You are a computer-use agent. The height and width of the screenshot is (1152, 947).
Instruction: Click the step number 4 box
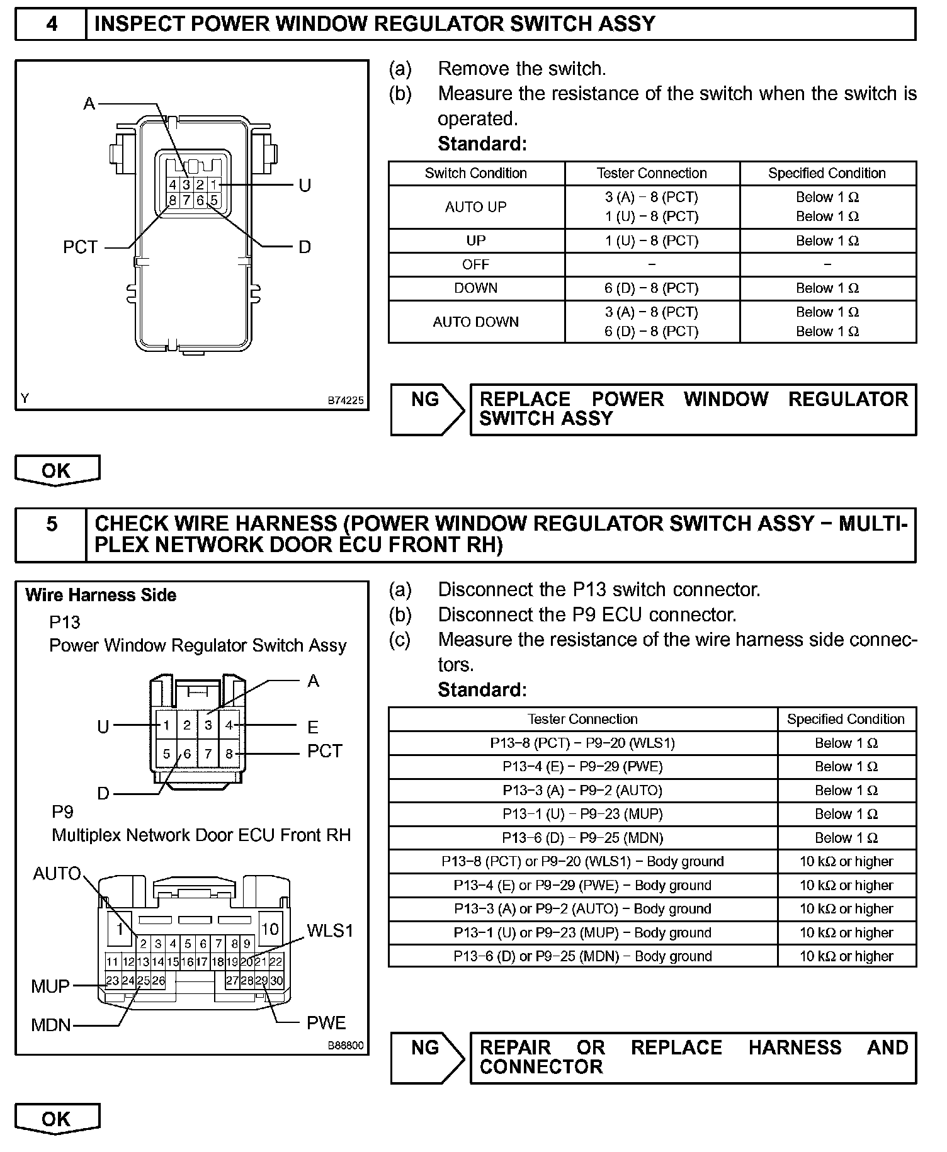tap(51, 24)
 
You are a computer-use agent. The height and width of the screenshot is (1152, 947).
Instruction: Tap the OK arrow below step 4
tap(57, 470)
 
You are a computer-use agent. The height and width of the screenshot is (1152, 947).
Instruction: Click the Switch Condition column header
tap(476, 173)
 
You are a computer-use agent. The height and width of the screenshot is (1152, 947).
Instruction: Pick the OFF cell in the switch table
tap(476, 264)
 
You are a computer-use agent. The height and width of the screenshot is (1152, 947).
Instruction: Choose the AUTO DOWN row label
tap(476, 322)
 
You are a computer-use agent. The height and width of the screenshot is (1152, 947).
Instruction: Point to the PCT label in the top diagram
tap(81, 247)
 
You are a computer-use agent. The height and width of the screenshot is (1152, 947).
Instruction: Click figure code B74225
tap(345, 400)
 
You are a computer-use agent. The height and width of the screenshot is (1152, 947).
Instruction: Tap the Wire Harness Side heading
tap(101, 595)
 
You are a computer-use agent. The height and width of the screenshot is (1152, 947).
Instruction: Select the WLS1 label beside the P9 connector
tap(330, 930)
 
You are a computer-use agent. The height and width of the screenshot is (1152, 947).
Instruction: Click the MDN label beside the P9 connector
tap(51, 1025)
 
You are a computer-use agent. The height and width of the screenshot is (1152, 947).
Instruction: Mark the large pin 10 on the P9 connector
tap(270, 929)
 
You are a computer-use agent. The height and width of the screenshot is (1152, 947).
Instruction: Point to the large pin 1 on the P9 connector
tap(119, 929)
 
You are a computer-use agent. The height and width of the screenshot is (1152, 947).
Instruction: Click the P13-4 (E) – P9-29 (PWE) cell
tap(582, 767)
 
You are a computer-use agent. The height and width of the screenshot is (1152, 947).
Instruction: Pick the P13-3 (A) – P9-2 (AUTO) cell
tap(582, 791)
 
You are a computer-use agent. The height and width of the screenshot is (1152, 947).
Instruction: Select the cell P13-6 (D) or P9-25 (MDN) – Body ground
tap(582, 956)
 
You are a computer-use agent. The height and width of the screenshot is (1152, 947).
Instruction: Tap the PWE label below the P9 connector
tap(326, 1023)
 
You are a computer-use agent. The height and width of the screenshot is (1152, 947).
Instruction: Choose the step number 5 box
tap(51, 524)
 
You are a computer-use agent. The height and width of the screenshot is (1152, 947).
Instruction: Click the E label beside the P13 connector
tap(313, 727)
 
